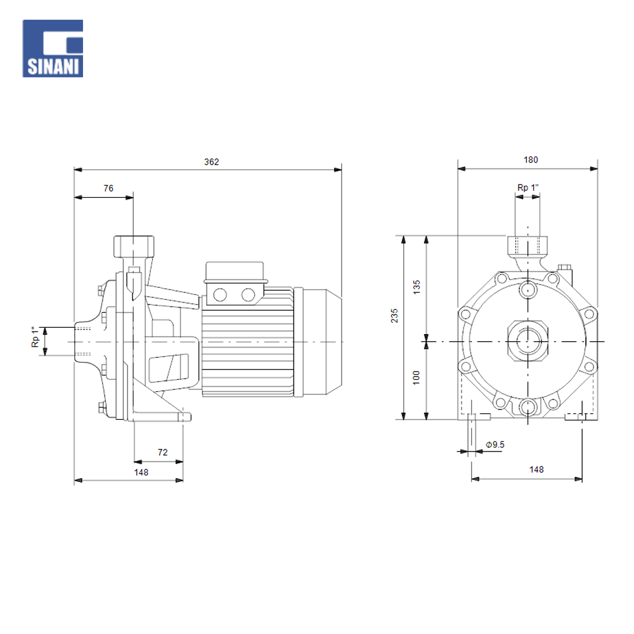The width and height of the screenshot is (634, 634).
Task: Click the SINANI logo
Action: (53, 48)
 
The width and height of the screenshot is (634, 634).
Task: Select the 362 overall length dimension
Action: (211, 162)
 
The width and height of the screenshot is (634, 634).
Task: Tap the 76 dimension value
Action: (108, 188)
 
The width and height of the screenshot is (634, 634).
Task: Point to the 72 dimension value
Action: (162, 452)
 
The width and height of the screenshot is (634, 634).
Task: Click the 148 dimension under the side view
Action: (141, 472)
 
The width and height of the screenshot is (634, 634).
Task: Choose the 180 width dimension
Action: (530, 160)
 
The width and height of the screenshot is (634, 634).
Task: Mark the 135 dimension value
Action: (417, 287)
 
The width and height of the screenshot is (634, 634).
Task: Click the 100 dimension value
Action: (417, 377)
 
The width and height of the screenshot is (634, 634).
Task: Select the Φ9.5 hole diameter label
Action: (495, 444)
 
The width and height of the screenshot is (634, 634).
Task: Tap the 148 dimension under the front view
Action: (536, 469)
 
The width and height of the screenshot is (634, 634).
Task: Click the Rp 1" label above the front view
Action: (527, 188)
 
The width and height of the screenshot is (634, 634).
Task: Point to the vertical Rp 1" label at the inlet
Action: (36, 340)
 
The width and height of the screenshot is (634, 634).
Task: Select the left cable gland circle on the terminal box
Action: (221, 294)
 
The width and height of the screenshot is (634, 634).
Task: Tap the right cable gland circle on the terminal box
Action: (248, 294)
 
